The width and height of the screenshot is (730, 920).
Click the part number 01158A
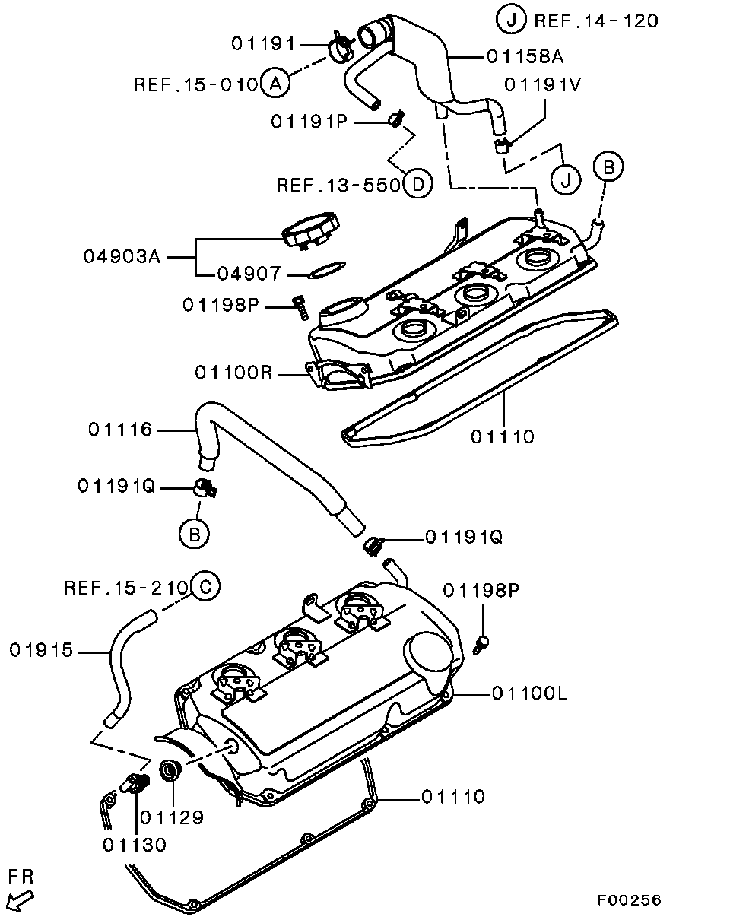click(525, 56)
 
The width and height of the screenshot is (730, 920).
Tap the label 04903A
click(122, 257)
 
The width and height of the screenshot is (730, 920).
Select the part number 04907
click(249, 273)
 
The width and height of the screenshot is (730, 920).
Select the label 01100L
click(529, 693)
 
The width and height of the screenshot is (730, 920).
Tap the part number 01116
click(120, 430)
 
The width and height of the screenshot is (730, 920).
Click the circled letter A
click(275, 83)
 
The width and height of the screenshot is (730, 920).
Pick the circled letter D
click(417, 185)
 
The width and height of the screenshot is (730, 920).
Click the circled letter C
click(205, 587)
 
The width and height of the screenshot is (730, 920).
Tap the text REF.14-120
click(597, 21)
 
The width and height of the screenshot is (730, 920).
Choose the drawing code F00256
click(629, 900)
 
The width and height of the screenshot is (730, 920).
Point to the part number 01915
click(42, 650)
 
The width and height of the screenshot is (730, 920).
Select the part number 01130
click(135, 845)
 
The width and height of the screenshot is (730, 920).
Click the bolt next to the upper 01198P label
click(300, 308)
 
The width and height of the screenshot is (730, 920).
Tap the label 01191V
click(544, 84)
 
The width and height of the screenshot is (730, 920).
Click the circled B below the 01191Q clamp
click(194, 535)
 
